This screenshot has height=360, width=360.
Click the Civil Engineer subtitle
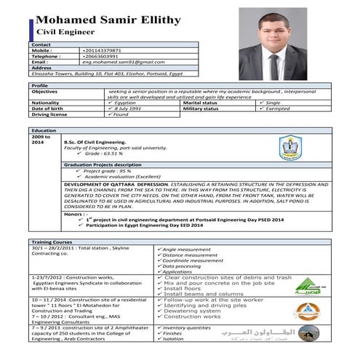[66, 33]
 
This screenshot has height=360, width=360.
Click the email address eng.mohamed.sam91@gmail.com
[118, 62]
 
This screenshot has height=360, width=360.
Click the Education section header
[44, 129]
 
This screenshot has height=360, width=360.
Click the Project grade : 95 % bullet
[110, 171]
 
